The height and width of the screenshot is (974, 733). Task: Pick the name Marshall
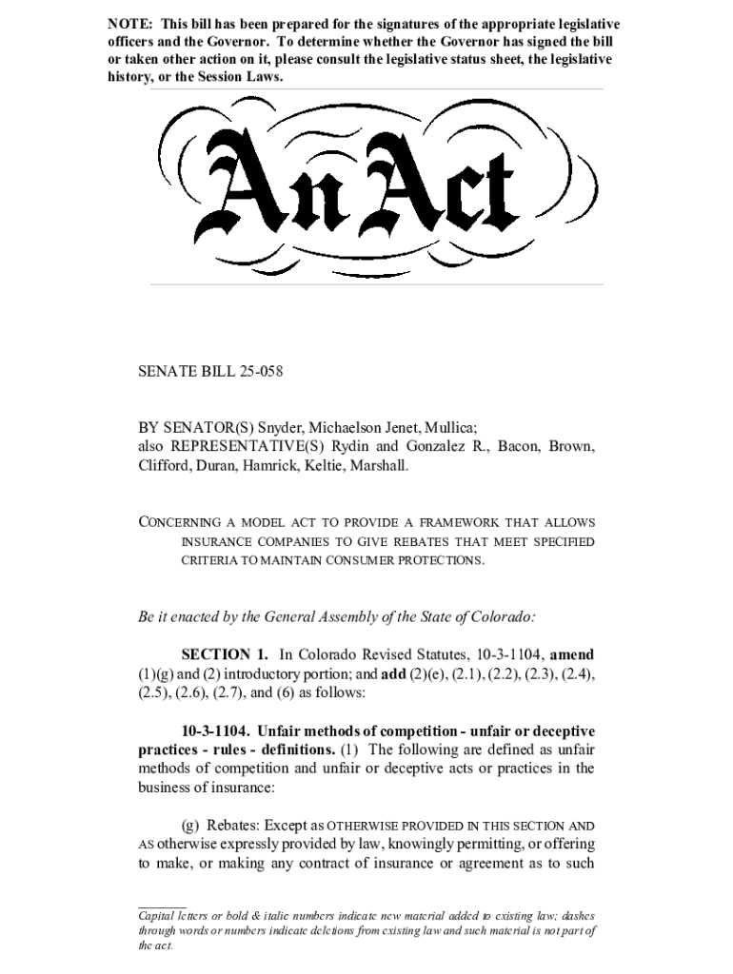[380, 465]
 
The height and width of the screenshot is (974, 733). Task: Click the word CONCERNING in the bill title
[177, 523]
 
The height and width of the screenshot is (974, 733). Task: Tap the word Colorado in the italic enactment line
[504, 616]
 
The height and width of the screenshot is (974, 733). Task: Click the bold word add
[392, 673]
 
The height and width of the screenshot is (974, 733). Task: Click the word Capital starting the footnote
[160, 915]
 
